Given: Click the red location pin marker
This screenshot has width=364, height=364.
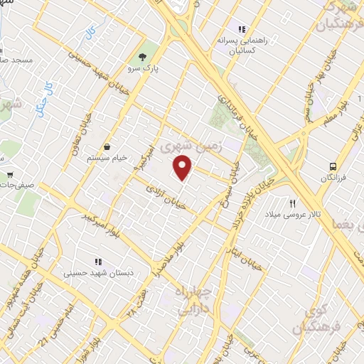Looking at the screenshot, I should coord(183,167).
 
